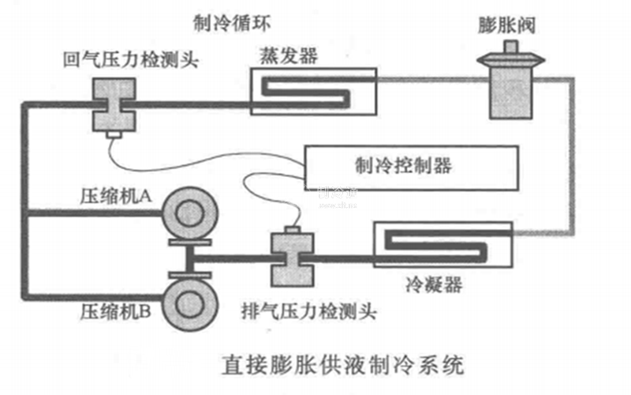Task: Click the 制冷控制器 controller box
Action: (410, 166)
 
